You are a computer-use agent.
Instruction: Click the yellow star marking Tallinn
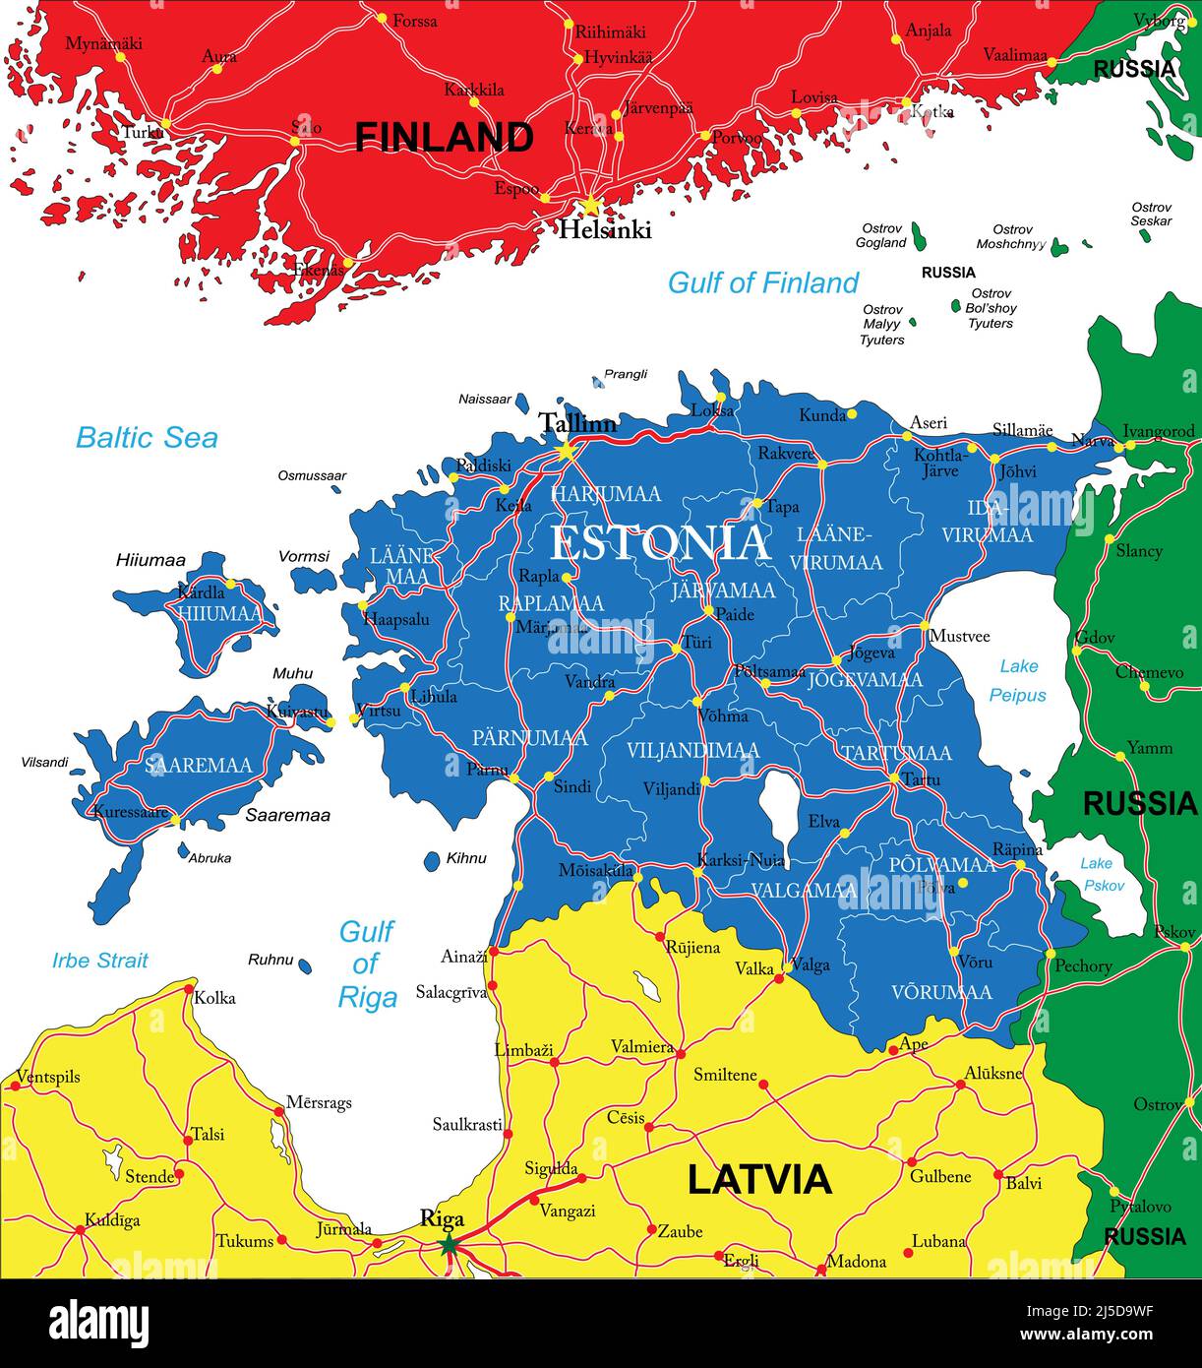coord(566,451)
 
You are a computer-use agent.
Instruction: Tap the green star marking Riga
coord(449,1245)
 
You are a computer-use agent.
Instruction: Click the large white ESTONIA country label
coord(660,543)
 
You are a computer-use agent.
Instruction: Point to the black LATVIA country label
coord(758,1179)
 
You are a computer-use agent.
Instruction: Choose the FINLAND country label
coord(444,137)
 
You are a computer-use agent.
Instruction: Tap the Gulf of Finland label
coord(762,283)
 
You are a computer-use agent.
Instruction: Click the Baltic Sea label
coord(147,438)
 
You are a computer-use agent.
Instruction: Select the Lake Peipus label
coord(1017,681)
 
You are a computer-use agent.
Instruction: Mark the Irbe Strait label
coord(100,961)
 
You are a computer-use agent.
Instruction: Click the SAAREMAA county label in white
coord(198,765)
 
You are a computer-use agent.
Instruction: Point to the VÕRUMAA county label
coord(941,992)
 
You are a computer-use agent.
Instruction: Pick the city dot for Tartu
coord(893,779)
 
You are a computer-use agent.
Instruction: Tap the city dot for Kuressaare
coord(175,819)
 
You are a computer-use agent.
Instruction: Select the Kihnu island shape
coord(432,861)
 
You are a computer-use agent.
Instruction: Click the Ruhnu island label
coord(270,960)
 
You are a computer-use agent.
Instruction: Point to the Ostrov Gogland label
coord(880,235)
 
